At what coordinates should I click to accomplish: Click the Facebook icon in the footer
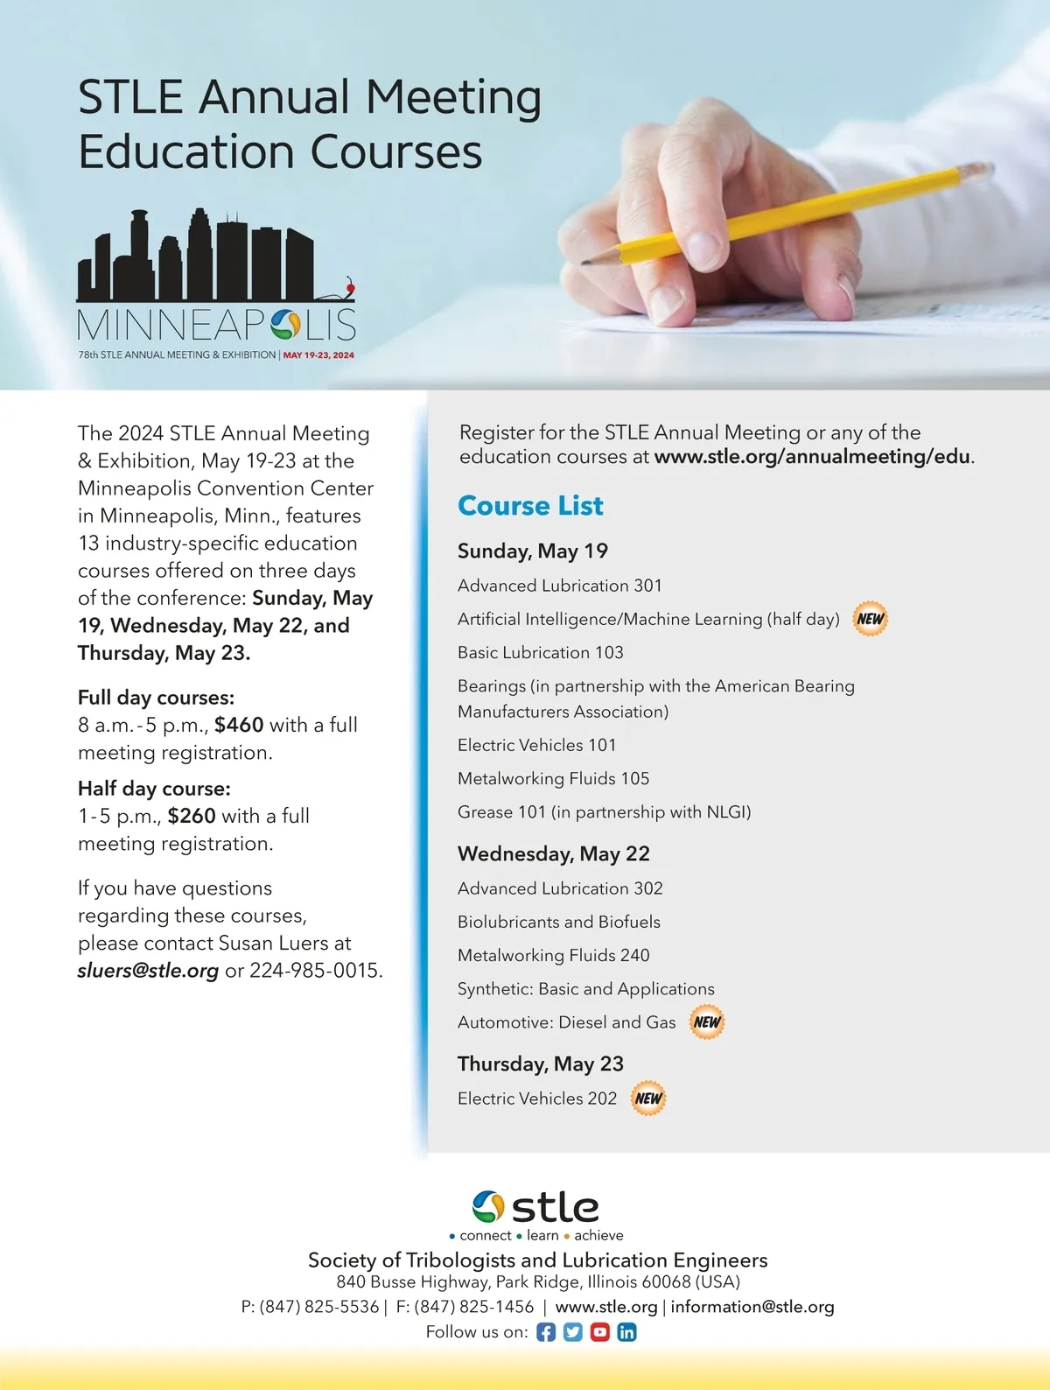pyautogui.click(x=546, y=1332)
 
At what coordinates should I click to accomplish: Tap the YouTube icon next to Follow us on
pyautogui.click(x=599, y=1332)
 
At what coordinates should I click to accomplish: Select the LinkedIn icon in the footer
pyautogui.click(x=626, y=1332)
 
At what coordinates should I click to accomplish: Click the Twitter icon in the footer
pyautogui.click(x=573, y=1332)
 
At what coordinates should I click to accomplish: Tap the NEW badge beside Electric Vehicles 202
pyautogui.click(x=648, y=1099)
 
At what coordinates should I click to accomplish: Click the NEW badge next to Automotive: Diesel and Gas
pyautogui.click(x=707, y=1022)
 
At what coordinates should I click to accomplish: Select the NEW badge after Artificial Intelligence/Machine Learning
pyautogui.click(x=870, y=619)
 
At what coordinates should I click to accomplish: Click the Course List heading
pyautogui.click(x=530, y=506)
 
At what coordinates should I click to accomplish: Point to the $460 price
pyautogui.click(x=239, y=725)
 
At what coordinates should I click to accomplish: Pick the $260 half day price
pyautogui.click(x=192, y=816)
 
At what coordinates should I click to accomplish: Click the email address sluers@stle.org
pyautogui.click(x=148, y=971)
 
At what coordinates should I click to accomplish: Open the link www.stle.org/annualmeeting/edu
pyautogui.click(x=812, y=457)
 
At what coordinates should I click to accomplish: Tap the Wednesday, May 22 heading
pyautogui.click(x=553, y=854)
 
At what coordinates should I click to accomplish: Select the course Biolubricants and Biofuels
pyautogui.click(x=558, y=922)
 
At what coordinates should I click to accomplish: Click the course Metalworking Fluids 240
pyautogui.click(x=553, y=955)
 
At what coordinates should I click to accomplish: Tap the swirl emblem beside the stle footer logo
pyautogui.click(x=488, y=1207)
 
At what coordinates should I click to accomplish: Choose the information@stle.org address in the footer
pyautogui.click(x=752, y=1307)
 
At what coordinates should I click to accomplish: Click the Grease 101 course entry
pyautogui.click(x=604, y=812)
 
